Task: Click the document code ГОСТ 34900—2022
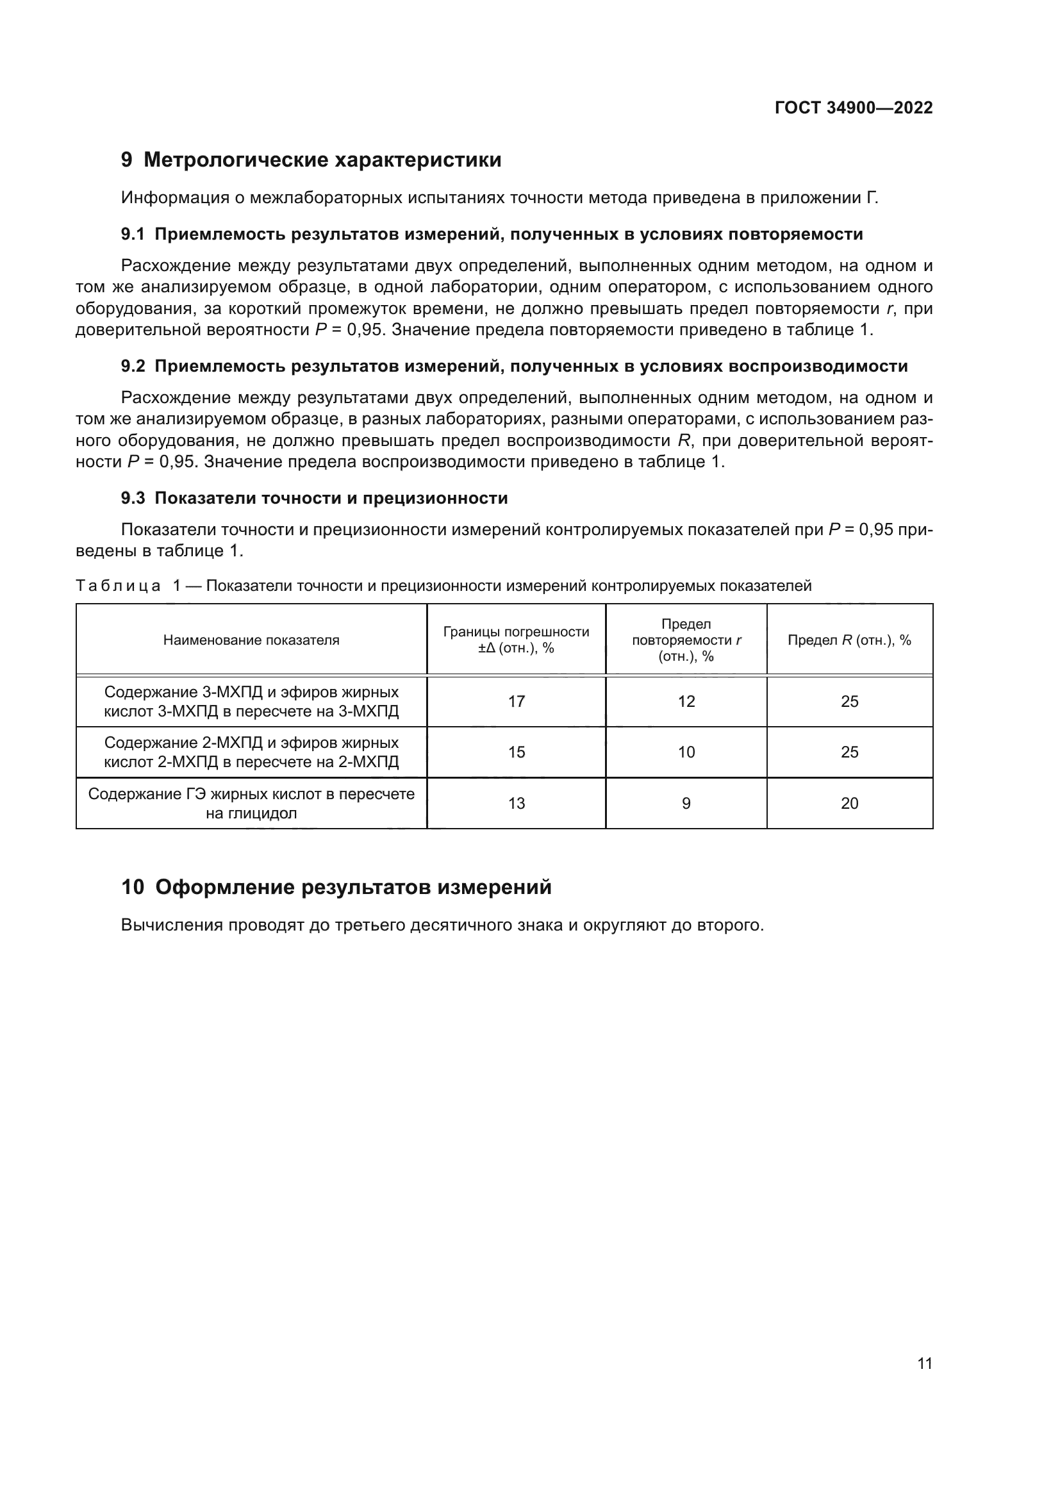[x=853, y=108]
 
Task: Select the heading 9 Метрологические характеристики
[x=311, y=160]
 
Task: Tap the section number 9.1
[x=133, y=235]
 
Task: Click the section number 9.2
[x=133, y=367]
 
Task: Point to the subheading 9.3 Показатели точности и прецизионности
[x=314, y=498]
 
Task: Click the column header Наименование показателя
[x=251, y=640]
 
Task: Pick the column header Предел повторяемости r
[x=686, y=640]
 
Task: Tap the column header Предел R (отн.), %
[x=849, y=640]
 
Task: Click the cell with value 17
[x=517, y=702]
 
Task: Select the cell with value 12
[x=686, y=702]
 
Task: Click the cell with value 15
[x=517, y=752]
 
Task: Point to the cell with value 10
[x=686, y=752]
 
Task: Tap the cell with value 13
[x=517, y=804]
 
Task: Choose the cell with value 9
[x=686, y=804]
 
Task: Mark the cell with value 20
[x=849, y=804]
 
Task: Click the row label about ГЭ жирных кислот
[x=251, y=804]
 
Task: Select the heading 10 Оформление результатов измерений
[x=336, y=887]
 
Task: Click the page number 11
[x=924, y=1364]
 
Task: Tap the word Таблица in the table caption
[x=118, y=586]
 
